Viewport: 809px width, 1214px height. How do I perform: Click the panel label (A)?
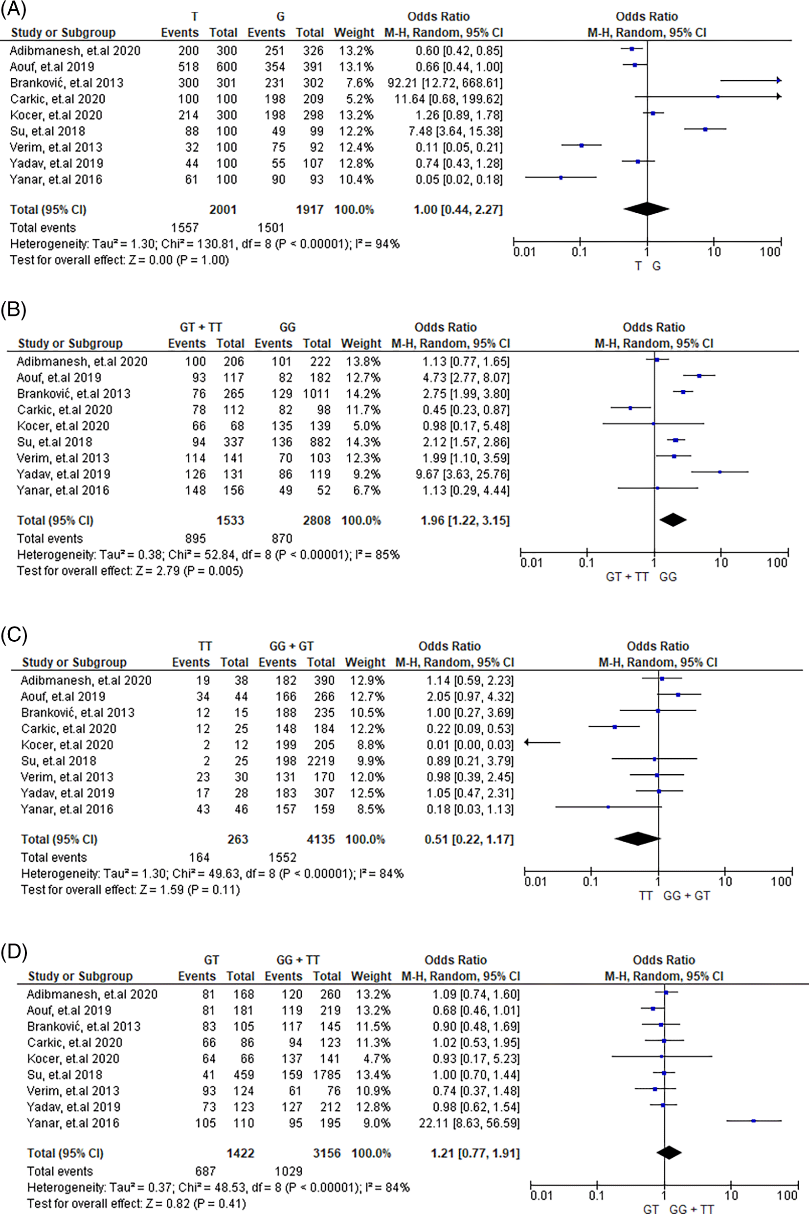[13, 9]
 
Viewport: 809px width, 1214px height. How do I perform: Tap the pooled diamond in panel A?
[646, 209]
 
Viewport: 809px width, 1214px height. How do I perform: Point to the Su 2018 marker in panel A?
[705, 129]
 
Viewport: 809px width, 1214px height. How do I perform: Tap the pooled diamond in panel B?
[673, 520]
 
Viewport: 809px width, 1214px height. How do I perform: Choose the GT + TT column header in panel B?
[201, 327]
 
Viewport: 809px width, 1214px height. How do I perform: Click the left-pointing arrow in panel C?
[542, 742]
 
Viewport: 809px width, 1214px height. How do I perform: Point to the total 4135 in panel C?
[320, 839]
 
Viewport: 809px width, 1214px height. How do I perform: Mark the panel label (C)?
[13, 634]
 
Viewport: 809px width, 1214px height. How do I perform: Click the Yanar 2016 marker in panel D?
[753, 1121]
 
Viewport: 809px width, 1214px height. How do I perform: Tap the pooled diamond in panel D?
[669, 1152]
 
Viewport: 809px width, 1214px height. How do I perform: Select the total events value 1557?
[185, 227]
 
